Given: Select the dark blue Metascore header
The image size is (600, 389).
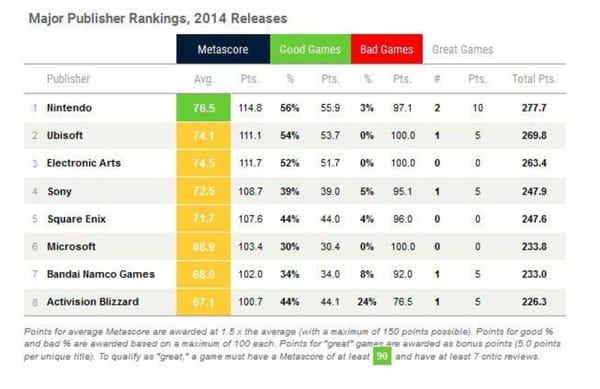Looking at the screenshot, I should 224,49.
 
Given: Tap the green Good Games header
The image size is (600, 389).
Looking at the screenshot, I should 310,49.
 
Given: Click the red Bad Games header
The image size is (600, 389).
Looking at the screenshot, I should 385,49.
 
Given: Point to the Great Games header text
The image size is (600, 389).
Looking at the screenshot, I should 462,49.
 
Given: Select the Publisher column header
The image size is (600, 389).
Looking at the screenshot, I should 68,78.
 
